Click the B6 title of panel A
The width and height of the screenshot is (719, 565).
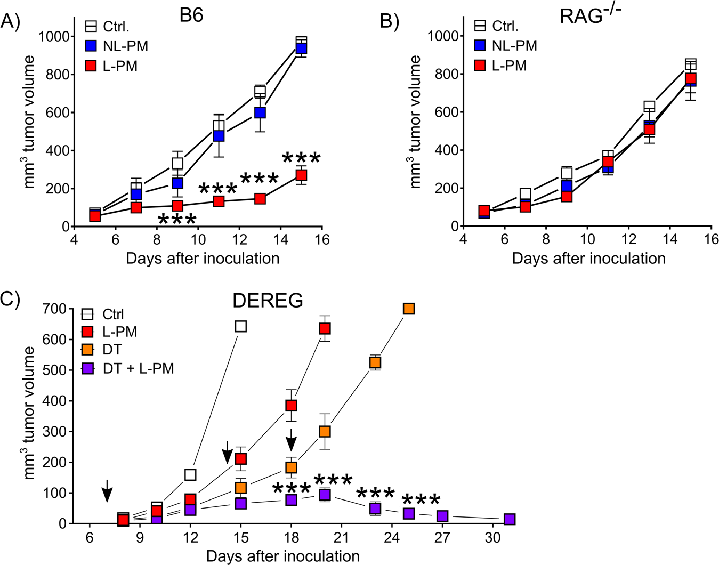[x=191, y=15]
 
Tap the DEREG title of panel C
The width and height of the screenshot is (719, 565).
[x=268, y=301]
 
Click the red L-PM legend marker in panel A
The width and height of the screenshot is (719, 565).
[x=91, y=66]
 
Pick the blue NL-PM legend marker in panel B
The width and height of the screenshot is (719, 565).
[x=480, y=46]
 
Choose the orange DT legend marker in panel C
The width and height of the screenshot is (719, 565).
[x=87, y=350]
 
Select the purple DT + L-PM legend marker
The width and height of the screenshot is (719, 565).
[x=87, y=368]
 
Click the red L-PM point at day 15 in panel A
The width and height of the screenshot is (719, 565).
[x=301, y=175]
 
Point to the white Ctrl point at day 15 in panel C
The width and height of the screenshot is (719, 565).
[x=241, y=326]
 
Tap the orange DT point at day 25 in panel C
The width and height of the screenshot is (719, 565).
[x=409, y=309]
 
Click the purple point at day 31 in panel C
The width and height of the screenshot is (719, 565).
[x=510, y=519]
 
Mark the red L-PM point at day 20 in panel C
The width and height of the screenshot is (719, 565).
[x=325, y=328]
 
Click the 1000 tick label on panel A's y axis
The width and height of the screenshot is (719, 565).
[x=54, y=36]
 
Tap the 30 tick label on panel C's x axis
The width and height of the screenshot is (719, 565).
[x=492, y=538]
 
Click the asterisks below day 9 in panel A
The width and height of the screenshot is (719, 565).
[x=177, y=219]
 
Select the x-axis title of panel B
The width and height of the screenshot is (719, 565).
[x=588, y=259]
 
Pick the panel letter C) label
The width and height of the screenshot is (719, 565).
[x=11, y=299]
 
